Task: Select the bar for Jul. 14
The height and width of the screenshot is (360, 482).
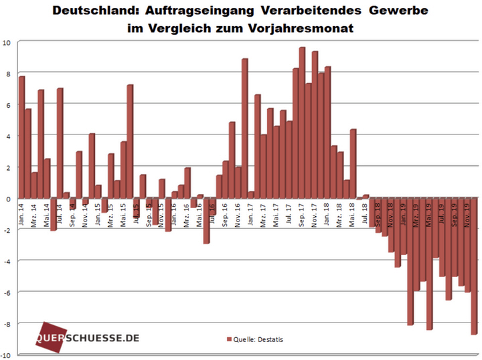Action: (60, 143)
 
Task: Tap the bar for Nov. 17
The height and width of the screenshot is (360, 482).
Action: (315, 124)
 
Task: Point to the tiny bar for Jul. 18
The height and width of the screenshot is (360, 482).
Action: (366, 196)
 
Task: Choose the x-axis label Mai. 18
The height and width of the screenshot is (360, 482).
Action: (353, 213)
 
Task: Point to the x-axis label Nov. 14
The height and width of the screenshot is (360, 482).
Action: (86, 213)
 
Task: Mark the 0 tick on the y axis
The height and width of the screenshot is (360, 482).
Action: (8, 199)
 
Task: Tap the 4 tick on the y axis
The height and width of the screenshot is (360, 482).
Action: (8, 136)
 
